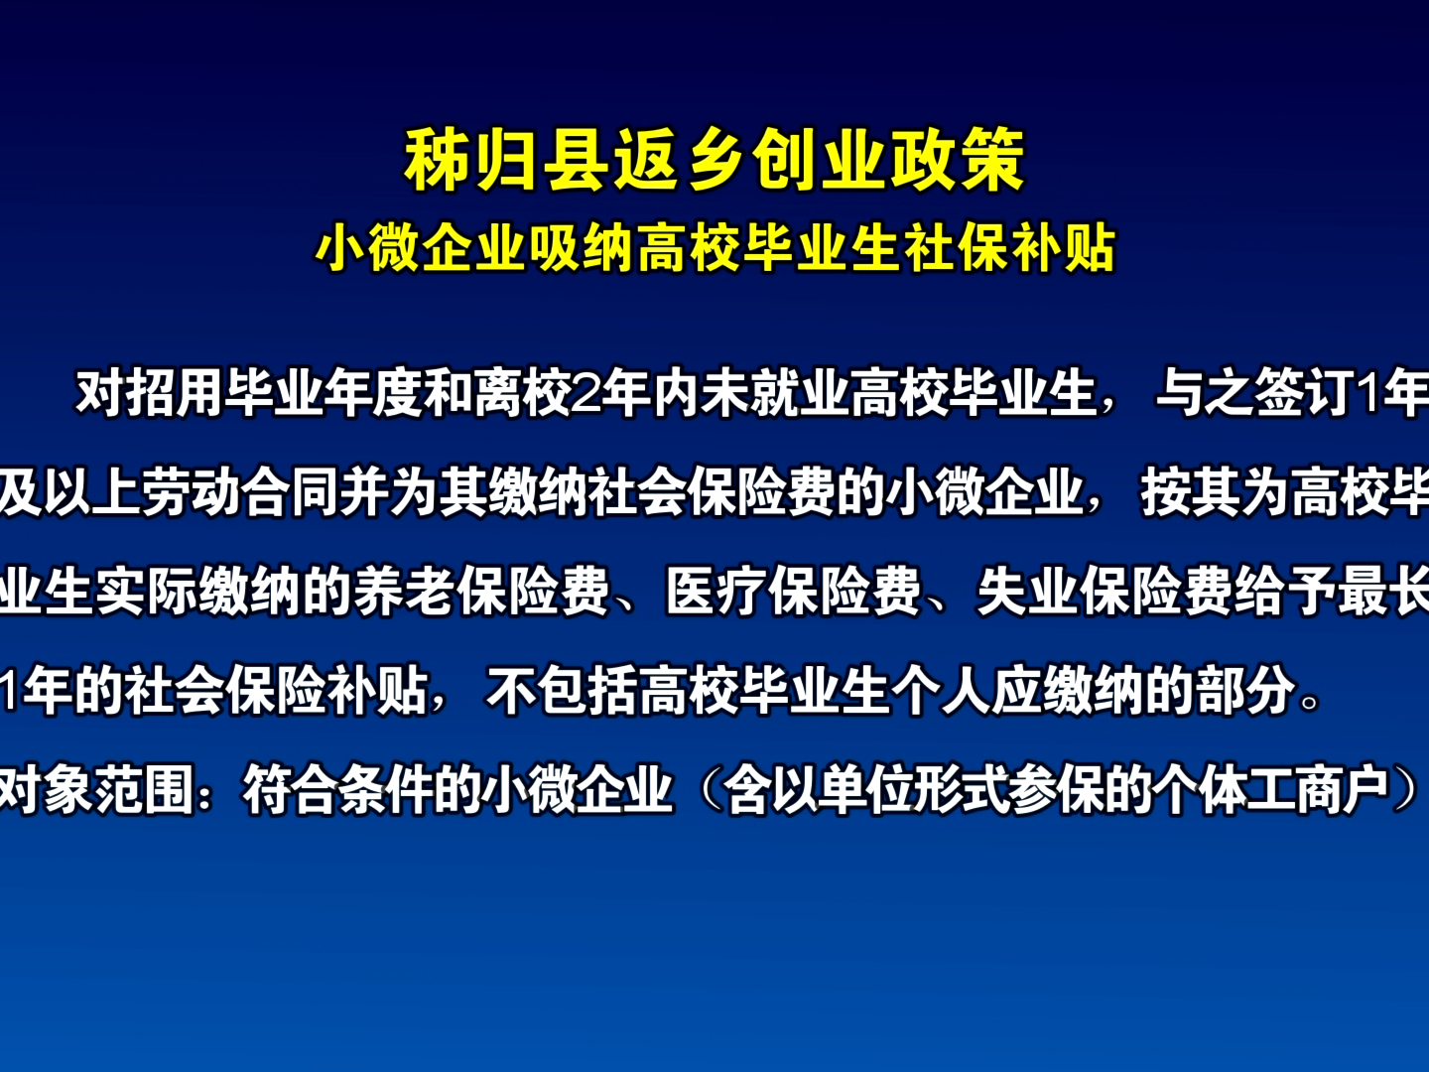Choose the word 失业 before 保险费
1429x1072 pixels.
point(1027,592)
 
